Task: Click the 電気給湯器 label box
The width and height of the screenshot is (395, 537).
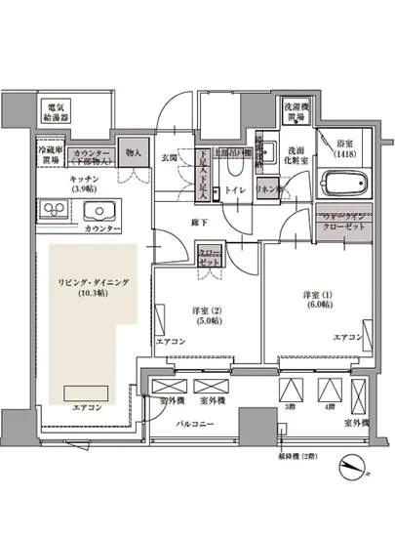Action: click(54, 110)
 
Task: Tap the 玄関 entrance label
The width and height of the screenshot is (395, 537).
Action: click(170, 157)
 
